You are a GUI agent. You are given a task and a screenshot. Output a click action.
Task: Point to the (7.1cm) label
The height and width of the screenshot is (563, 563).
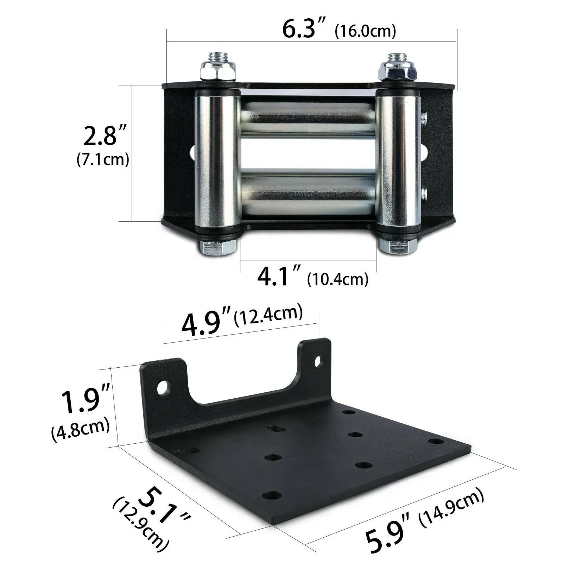pyautogui.click(x=103, y=160)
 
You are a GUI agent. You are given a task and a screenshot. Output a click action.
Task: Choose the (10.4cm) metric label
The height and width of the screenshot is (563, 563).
pyautogui.click(x=337, y=280)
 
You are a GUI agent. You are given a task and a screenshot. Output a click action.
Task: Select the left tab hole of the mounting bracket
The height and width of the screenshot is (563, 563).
pyautogui.click(x=163, y=388)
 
